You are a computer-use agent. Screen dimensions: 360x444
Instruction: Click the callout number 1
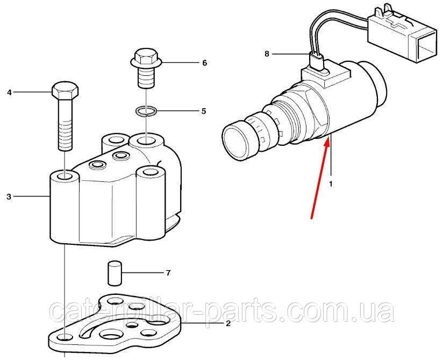(331, 183)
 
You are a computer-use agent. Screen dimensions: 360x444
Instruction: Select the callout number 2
(228, 323)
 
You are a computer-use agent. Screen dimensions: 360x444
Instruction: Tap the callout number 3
(9, 197)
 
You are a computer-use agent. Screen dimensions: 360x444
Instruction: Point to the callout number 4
(9, 93)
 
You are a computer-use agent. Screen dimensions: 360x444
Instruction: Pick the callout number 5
(204, 111)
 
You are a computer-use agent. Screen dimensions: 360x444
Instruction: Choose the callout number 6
(204, 63)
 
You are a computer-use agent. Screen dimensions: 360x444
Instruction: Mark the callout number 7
(168, 273)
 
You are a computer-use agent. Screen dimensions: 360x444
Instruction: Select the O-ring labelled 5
(146, 111)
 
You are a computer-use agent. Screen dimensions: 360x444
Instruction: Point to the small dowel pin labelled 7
(113, 273)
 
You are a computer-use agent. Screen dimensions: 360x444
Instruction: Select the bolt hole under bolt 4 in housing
(65, 177)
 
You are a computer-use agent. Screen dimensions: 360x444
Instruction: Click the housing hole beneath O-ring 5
(145, 142)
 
